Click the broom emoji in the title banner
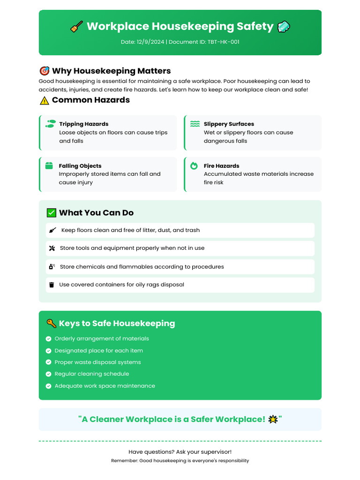[76, 27]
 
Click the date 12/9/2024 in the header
[150, 42]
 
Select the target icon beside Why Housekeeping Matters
[44, 71]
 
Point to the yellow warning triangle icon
[45, 100]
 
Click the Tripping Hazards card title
[83, 124]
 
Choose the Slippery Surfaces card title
[229, 124]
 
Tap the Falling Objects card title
[80, 166]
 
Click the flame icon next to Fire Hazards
[194, 165]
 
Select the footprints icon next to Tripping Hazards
[50, 124]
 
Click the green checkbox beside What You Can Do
[52, 213]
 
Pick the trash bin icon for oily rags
[52, 285]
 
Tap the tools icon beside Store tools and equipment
[52, 248]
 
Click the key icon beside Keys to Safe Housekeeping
[51, 323]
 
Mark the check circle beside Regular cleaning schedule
[48, 374]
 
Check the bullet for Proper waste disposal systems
[48, 362]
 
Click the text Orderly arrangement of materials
[102, 338]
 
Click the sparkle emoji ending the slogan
[272, 419]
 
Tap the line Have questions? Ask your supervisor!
[180, 452]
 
